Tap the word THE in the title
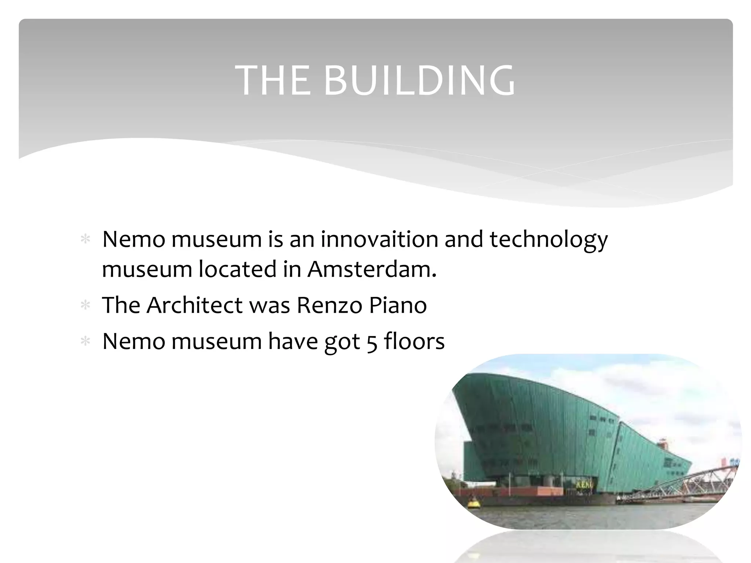coord(273,81)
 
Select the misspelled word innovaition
coord(379,239)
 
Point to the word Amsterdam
coord(372,269)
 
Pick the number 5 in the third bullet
coord(372,342)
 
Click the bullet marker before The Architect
coord(85,305)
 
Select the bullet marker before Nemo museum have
coord(85,341)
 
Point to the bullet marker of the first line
coord(85,240)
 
